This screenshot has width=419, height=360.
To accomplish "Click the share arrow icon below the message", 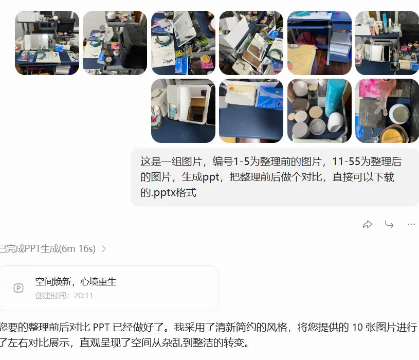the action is tap(368, 224).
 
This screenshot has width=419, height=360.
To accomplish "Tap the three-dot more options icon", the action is tap(411, 224).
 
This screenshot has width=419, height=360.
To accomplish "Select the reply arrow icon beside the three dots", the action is tap(389, 224).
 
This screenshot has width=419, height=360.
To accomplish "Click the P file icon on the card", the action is tap(19, 288).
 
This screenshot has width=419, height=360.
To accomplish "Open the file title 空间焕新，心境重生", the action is tap(76, 282).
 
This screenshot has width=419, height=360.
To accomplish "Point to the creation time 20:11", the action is tap(83, 296).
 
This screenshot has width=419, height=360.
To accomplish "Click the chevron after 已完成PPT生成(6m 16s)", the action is tap(104, 249).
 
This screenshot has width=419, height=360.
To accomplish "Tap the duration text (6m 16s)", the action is tap(77, 249).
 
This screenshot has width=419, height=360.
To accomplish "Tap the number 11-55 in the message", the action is tap(347, 161).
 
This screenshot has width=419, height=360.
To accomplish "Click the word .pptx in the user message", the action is tap(164, 193).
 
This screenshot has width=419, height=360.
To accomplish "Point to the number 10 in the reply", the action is tap(357, 328).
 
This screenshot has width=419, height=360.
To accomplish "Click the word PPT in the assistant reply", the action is tap(101, 328).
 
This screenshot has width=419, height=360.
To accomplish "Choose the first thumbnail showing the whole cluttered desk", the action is tap(47, 43).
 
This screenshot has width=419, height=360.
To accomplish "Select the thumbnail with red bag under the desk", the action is tap(319, 43).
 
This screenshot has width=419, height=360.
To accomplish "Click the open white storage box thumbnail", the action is tap(183, 111).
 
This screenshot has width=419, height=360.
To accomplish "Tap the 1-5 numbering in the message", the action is tap(241, 161).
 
